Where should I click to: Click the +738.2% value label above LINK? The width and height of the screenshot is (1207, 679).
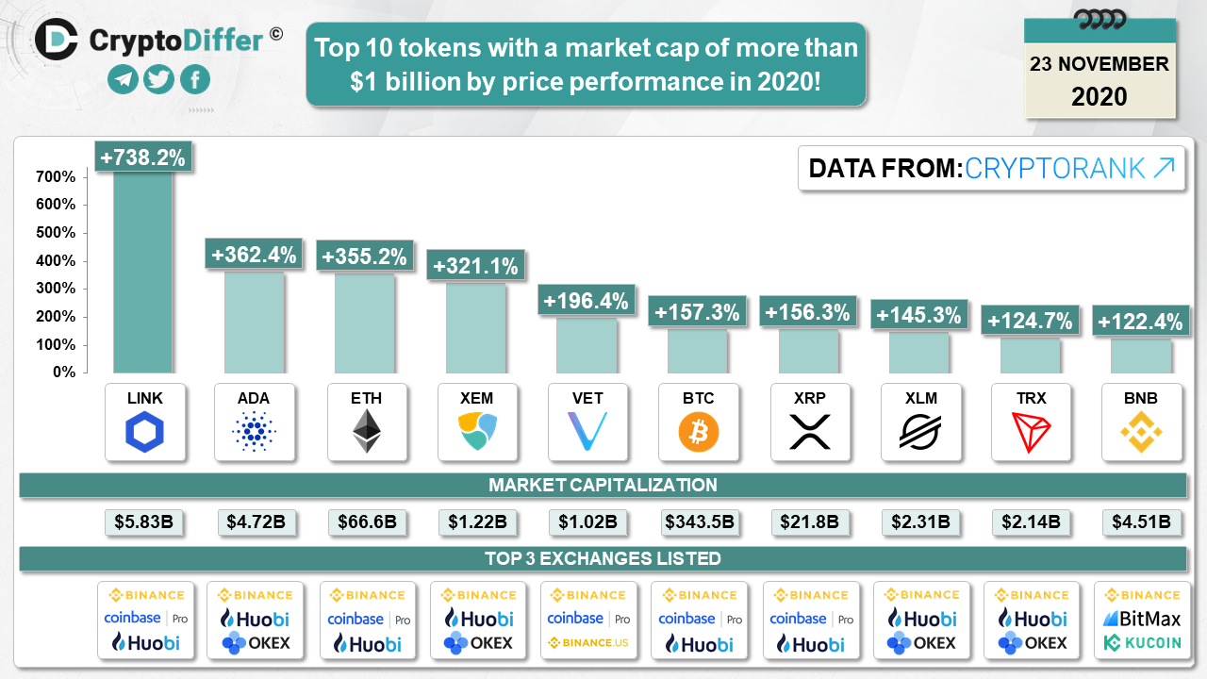pos(144,157)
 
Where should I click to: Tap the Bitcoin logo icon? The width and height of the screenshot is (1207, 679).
pos(699,432)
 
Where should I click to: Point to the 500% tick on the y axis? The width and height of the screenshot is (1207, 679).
pos(57,233)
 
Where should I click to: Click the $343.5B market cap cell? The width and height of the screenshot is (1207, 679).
pos(699,522)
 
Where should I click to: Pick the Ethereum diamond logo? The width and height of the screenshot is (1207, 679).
pos(366,431)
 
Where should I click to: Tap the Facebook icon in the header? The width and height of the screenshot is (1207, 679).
pos(194,80)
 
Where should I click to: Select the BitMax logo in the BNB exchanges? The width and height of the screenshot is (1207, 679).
pos(1142,619)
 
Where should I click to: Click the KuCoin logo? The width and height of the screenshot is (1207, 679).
pos(1142,643)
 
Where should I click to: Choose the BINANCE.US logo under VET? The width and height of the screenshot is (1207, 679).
pos(588,643)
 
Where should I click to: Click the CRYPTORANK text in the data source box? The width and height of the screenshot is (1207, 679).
pos(1055,169)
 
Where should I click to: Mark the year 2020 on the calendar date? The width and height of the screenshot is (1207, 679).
pos(1100,96)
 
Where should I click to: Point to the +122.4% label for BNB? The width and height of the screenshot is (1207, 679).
pos(1139,322)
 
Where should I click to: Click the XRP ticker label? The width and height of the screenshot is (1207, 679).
pos(809,398)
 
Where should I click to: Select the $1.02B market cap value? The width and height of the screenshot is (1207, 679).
pos(587,522)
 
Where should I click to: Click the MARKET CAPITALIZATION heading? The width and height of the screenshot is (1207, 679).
pos(603,486)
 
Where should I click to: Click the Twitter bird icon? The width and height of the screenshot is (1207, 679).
pos(159,80)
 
